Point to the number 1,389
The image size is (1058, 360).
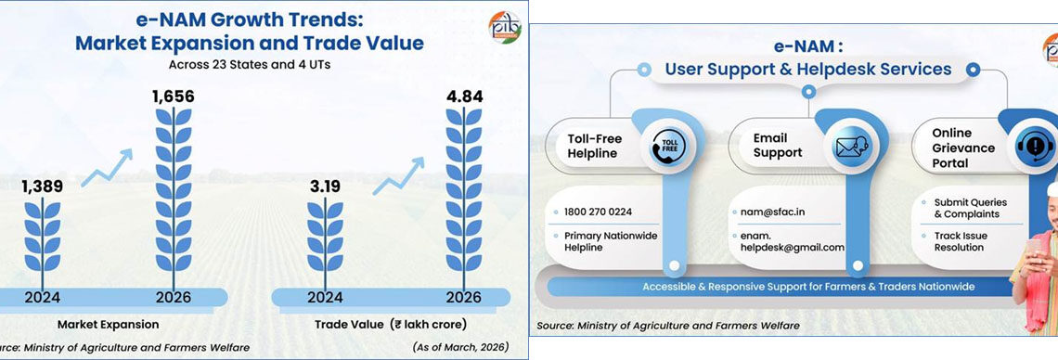(42, 186)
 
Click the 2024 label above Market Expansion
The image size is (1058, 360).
(43, 297)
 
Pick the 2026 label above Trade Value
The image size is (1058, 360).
(463, 297)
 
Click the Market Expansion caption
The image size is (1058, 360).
(108, 325)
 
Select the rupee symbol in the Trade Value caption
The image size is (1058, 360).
(397, 325)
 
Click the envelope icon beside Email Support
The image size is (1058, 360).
(850, 147)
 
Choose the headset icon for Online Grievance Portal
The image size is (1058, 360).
(1034, 147)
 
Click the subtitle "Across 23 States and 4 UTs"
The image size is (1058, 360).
(249, 65)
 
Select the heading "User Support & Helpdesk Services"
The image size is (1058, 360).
(807, 70)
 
